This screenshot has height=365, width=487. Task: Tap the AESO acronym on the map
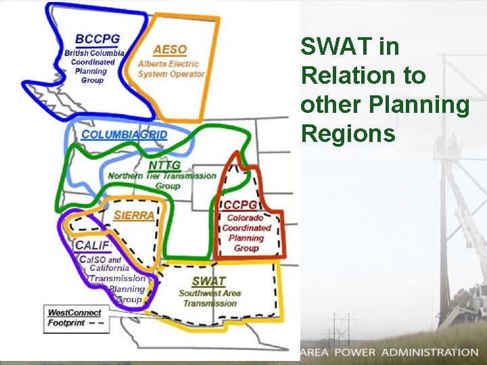tap(170, 49)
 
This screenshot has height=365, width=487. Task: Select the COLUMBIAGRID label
tap(124, 135)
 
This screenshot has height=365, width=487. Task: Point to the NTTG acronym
tap(165, 165)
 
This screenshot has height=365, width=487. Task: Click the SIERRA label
tap(133, 216)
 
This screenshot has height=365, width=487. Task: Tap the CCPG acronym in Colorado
tap(240, 205)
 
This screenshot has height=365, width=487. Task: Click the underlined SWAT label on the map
tap(209, 281)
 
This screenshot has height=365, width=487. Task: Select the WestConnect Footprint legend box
tap(74, 318)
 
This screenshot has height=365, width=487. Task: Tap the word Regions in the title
tap(348, 134)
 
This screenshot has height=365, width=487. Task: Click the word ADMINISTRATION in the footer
tap(430, 352)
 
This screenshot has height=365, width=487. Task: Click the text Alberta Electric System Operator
tap(170, 69)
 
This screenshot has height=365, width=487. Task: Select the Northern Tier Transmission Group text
tap(163, 180)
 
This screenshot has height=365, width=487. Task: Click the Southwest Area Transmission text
tap(210, 298)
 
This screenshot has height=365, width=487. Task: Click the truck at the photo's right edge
tap(474, 301)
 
